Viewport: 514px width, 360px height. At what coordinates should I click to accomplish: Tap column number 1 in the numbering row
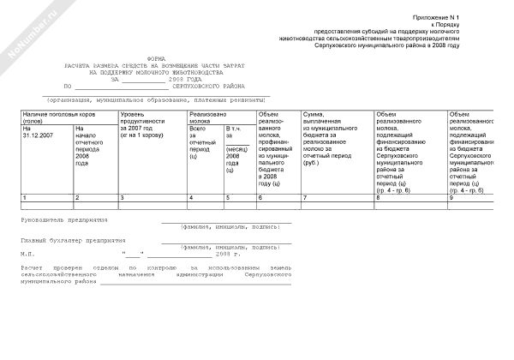pos(26,198)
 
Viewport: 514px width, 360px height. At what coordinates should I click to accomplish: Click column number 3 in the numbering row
pos(123,198)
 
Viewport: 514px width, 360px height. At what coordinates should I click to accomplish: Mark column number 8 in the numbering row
pos(379,198)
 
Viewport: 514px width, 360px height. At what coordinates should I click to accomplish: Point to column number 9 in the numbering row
pos(451,198)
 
